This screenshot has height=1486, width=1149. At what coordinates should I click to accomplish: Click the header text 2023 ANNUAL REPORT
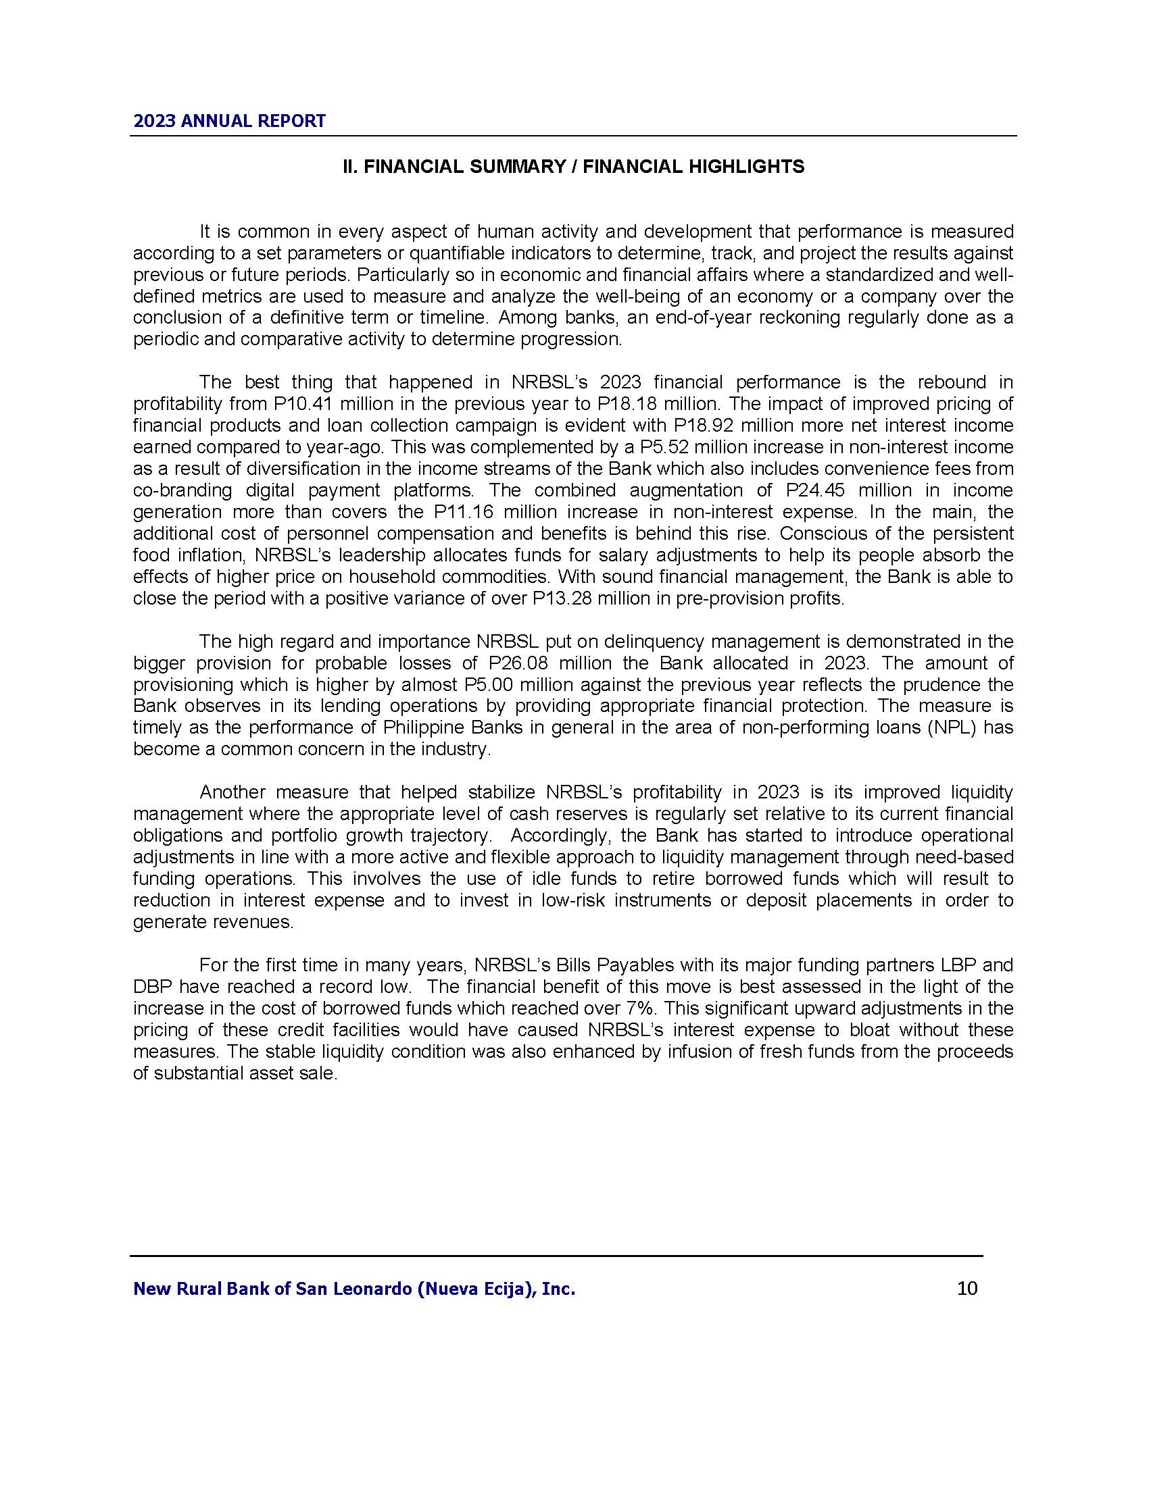229,121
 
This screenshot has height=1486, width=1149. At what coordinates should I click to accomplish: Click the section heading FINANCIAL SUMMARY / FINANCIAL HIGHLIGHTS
572,167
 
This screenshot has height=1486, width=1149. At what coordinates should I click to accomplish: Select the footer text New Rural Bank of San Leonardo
354,1289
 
